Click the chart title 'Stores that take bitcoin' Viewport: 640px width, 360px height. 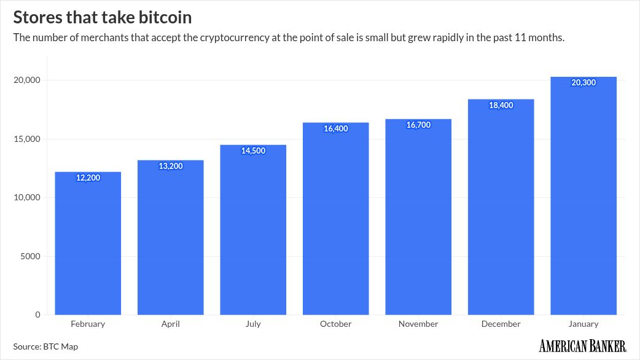[x=102, y=17]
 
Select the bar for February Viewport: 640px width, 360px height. [x=88, y=246]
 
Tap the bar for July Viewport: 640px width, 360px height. [x=253, y=233]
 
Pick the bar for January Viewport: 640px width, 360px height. [x=583, y=197]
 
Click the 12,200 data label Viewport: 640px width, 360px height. [x=88, y=178]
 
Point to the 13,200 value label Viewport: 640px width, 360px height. [x=171, y=166]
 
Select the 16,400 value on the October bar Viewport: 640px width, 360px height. [x=335, y=128]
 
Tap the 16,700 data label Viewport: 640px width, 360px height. [x=418, y=125]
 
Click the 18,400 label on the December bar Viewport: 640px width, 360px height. [x=501, y=105]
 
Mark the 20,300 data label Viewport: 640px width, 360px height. [x=583, y=82]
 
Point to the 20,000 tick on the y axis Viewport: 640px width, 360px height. [x=26, y=80]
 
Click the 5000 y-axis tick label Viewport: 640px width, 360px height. [x=29, y=256]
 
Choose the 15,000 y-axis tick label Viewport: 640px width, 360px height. [x=26, y=139]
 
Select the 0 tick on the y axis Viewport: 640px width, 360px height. [x=37, y=315]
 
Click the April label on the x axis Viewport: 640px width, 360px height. [x=171, y=324]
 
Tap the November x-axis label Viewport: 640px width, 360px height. [x=418, y=324]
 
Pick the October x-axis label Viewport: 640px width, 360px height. [x=335, y=324]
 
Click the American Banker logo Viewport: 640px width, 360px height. [x=582, y=346]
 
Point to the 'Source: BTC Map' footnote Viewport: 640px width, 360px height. [x=45, y=346]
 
